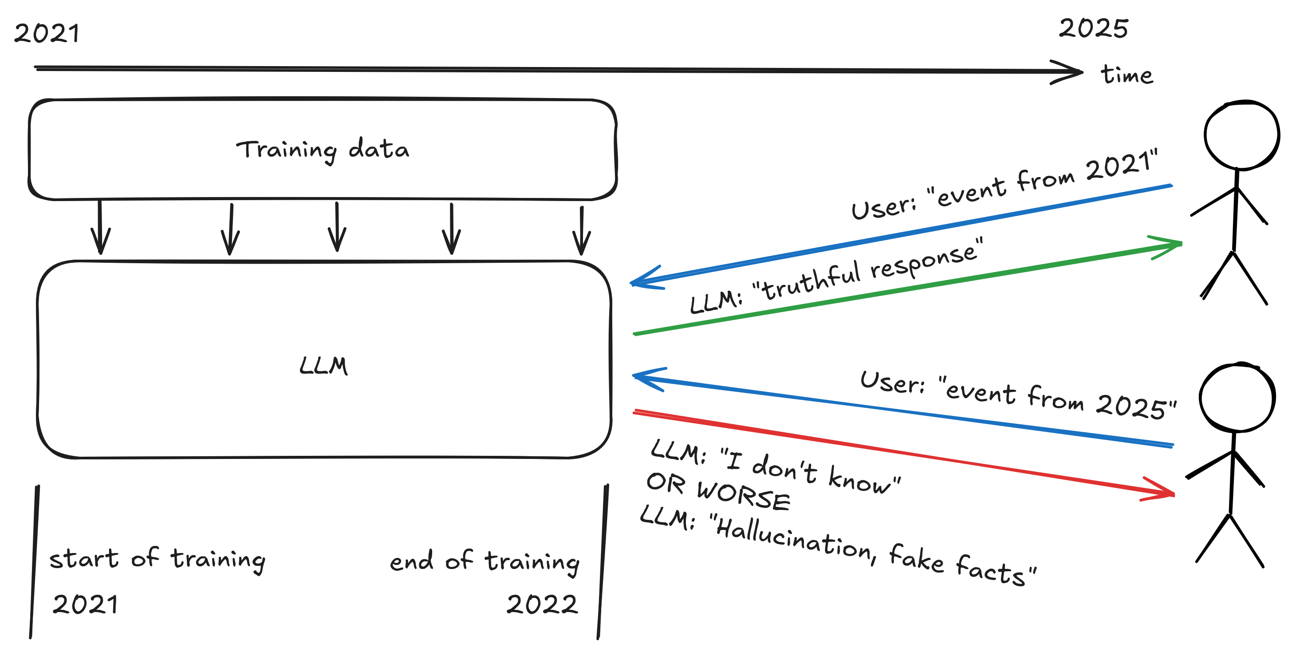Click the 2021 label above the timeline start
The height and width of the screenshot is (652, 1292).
click(x=46, y=34)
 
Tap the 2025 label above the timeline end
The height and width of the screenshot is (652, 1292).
click(x=1093, y=28)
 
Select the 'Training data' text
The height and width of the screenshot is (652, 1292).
click(x=323, y=150)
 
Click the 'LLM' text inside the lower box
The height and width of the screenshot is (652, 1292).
click(x=323, y=366)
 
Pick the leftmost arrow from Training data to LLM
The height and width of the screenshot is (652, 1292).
click(x=100, y=228)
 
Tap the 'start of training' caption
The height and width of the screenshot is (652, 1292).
click(x=157, y=559)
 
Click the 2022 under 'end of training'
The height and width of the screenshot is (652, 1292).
click(x=542, y=605)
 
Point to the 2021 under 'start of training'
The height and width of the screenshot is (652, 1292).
click(x=85, y=604)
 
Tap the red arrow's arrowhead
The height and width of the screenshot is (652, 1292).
click(x=1166, y=493)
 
